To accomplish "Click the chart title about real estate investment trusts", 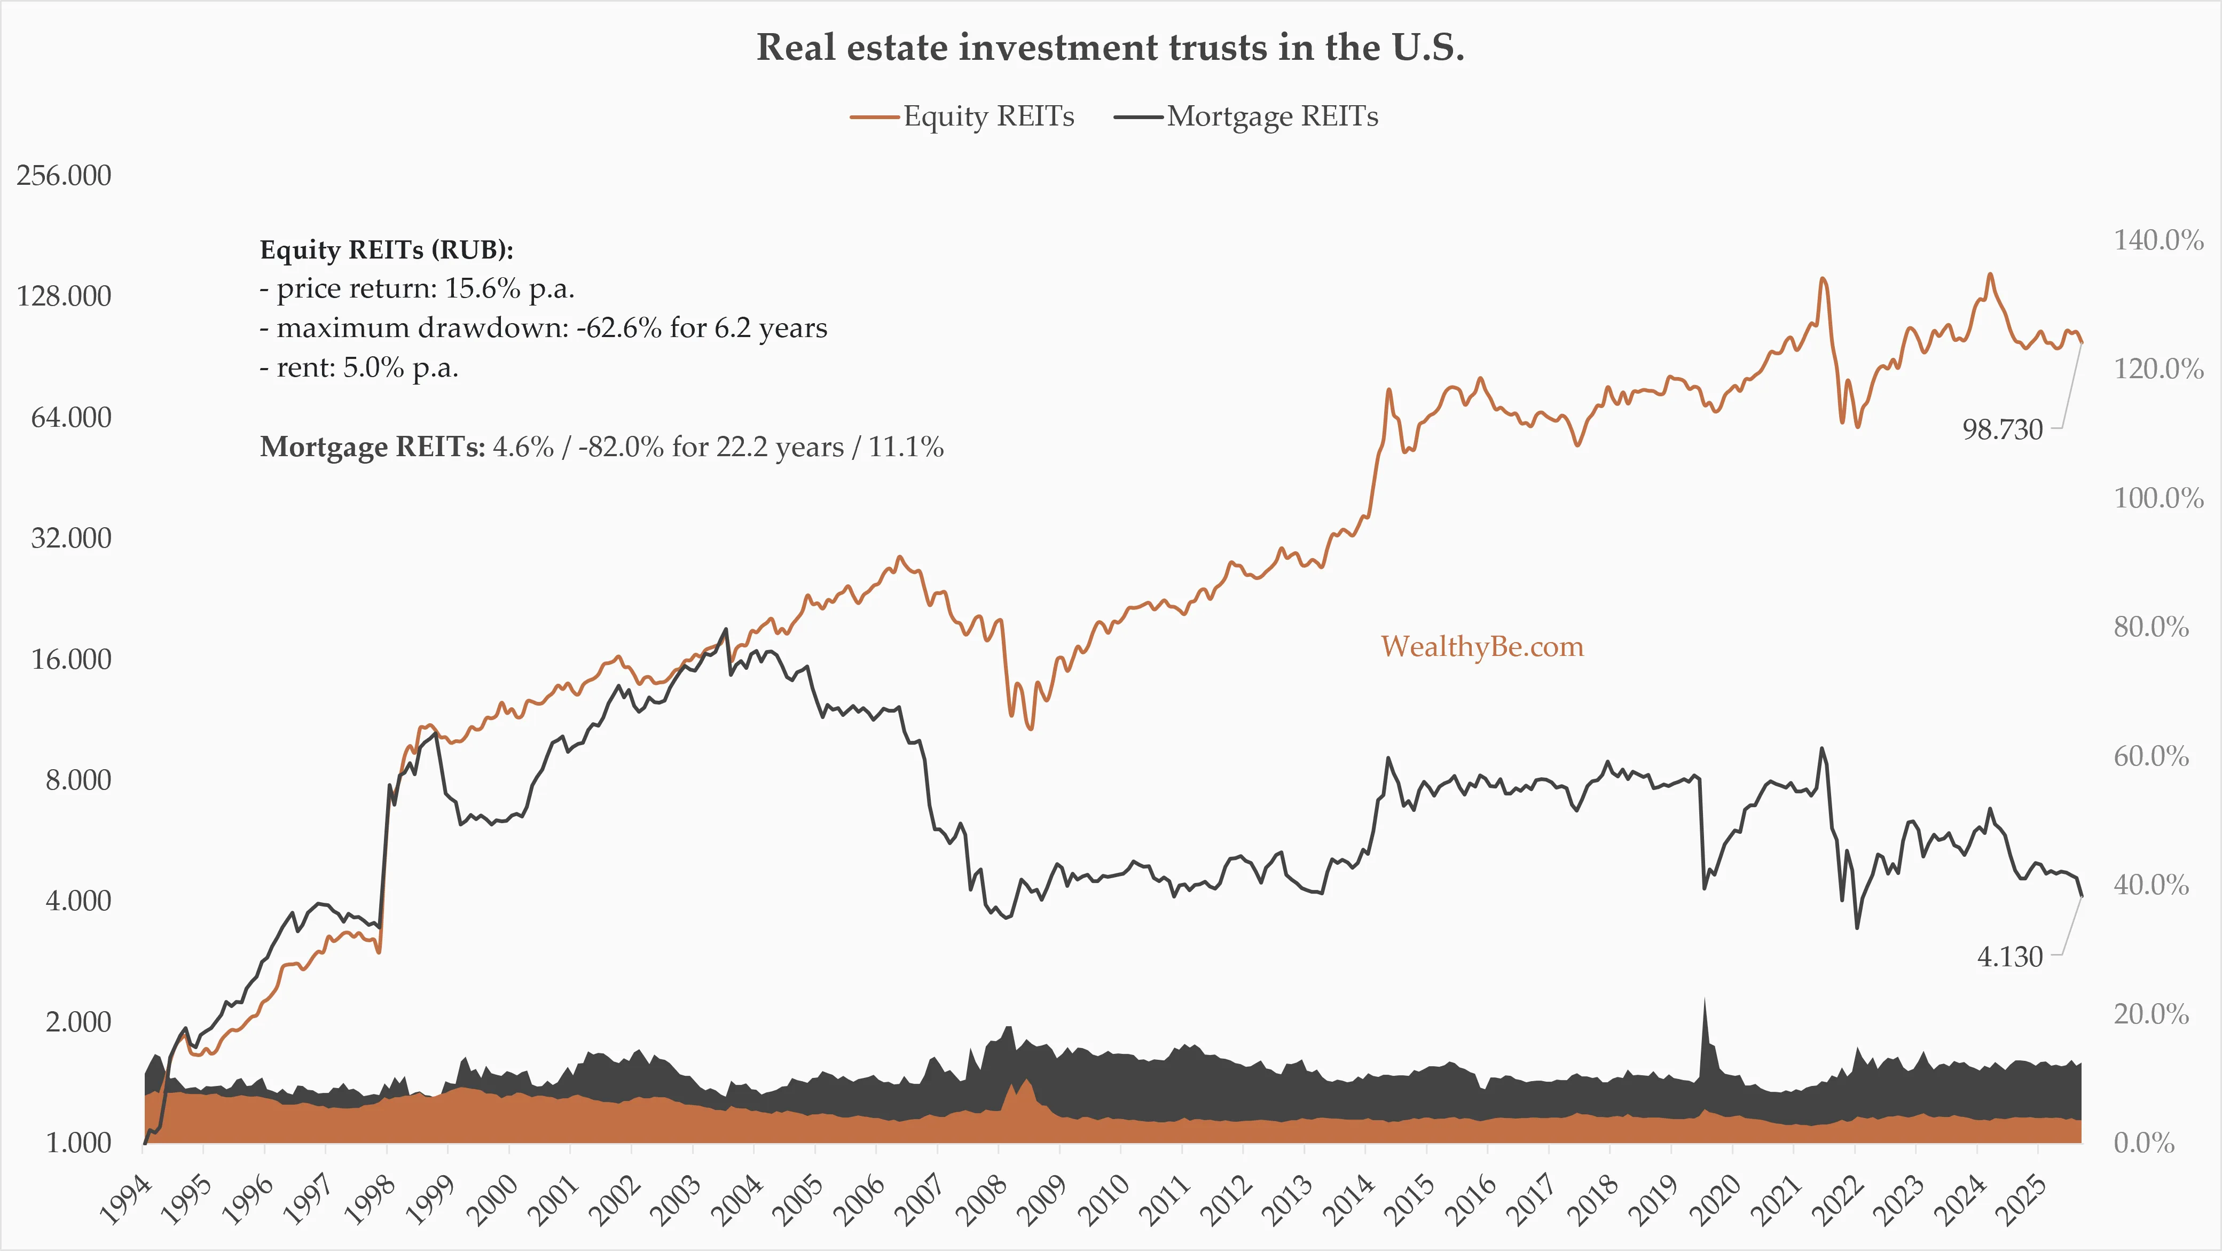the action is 1110,48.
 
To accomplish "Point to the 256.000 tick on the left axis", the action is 64,175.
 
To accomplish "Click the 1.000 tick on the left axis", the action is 77,1143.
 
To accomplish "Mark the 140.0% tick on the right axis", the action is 2158,240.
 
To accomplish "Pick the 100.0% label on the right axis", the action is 2158,498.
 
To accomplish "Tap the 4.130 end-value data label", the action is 2010,957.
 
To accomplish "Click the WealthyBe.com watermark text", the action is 1482,647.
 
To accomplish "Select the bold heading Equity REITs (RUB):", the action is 387,250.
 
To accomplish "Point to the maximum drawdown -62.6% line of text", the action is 544,329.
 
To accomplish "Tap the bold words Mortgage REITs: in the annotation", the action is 373,447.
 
